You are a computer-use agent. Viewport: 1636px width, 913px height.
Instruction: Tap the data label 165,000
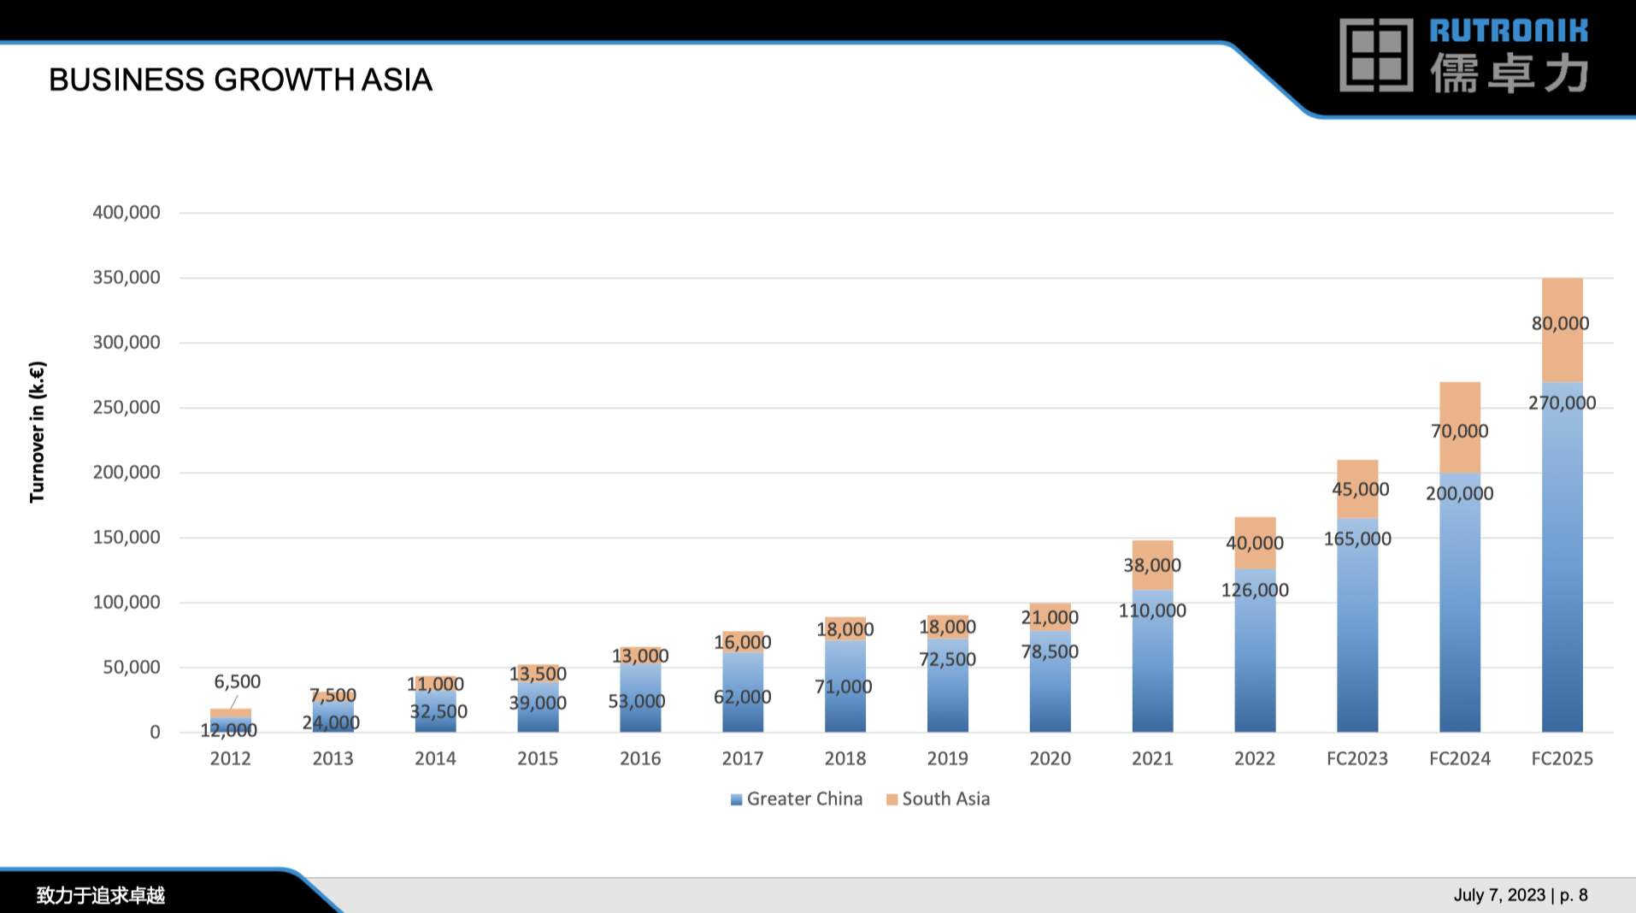pyautogui.click(x=1357, y=539)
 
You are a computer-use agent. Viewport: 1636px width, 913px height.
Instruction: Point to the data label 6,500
pyautogui.click(x=237, y=682)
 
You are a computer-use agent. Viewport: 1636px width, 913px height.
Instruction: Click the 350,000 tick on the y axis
pyautogui.click(x=127, y=278)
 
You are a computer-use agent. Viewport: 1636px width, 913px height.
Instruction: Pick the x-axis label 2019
pyautogui.click(x=947, y=759)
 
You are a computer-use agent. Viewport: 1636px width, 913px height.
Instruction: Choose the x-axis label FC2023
pyautogui.click(x=1357, y=759)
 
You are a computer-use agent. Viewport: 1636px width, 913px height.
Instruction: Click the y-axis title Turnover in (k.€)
pyautogui.click(x=37, y=432)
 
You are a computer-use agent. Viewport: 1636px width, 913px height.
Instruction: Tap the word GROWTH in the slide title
pyautogui.click(x=283, y=80)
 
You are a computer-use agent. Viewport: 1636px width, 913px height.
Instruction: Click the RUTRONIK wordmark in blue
pyautogui.click(x=1509, y=32)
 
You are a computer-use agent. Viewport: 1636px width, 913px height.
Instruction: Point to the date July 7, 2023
pyautogui.click(x=1499, y=895)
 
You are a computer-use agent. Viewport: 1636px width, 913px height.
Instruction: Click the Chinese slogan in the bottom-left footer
pyautogui.click(x=100, y=896)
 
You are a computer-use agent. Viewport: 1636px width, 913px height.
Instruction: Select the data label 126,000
pyautogui.click(x=1255, y=591)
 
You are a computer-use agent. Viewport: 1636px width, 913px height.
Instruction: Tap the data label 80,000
pyautogui.click(x=1560, y=324)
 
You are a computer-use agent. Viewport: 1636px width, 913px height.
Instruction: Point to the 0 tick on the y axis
pyautogui.click(x=155, y=733)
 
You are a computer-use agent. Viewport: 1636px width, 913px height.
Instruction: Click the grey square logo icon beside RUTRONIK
pyautogui.click(x=1376, y=56)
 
